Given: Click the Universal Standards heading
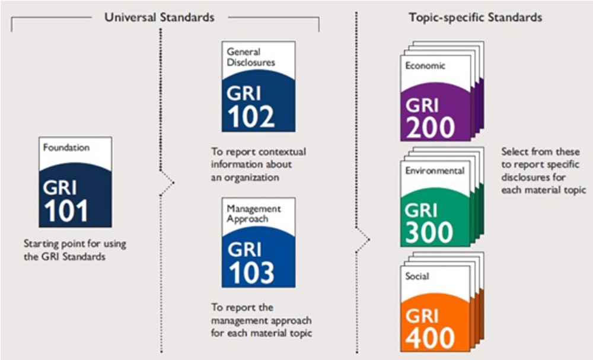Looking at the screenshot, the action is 159,17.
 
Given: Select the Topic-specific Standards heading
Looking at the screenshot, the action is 476,17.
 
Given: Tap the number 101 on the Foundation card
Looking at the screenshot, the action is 66,211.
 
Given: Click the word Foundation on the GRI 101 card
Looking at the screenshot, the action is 66,147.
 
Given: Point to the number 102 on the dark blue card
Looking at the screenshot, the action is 251,116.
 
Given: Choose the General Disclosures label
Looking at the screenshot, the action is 251,57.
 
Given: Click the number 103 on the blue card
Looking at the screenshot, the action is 251,272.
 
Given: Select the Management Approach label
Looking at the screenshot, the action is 254,214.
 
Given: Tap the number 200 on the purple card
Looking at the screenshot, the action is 431,127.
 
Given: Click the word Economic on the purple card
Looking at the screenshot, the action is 425,65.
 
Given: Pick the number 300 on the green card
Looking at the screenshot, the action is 429,232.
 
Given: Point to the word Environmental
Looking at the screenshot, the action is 435,171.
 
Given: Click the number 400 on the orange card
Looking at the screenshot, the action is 430,337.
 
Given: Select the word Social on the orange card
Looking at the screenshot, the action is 417,276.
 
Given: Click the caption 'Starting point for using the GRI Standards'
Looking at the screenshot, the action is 75,250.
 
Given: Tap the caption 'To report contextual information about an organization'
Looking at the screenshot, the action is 259,164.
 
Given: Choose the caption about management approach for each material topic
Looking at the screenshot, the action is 262,320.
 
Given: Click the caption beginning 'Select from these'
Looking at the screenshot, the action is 543,171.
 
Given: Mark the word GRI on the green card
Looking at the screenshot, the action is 421,211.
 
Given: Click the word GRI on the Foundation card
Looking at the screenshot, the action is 60,188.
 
